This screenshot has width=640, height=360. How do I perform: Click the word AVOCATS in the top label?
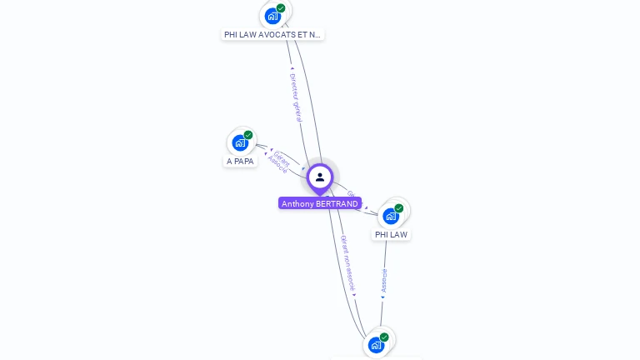coord(275,35)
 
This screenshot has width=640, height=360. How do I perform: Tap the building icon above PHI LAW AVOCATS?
coord(272,16)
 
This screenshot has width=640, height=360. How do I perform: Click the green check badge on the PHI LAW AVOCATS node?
coord(281,8)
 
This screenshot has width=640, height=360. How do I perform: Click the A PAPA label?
coord(240,162)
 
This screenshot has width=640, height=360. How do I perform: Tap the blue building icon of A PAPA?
coord(240,142)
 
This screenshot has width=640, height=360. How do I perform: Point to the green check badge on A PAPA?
coord(248,135)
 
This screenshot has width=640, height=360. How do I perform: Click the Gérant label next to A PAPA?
coord(282,157)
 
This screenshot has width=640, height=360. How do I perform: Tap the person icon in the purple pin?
coord(320,177)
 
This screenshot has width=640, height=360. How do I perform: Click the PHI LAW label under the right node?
coord(391,235)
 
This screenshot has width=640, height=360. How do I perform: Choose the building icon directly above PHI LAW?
coord(391,216)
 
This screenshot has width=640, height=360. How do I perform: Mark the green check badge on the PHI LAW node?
coord(399,208)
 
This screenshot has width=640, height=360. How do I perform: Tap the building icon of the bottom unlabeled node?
coord(376,344)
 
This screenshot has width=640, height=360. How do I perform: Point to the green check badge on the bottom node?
coord(384,337)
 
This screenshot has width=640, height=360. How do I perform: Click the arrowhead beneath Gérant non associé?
coord(354,295)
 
